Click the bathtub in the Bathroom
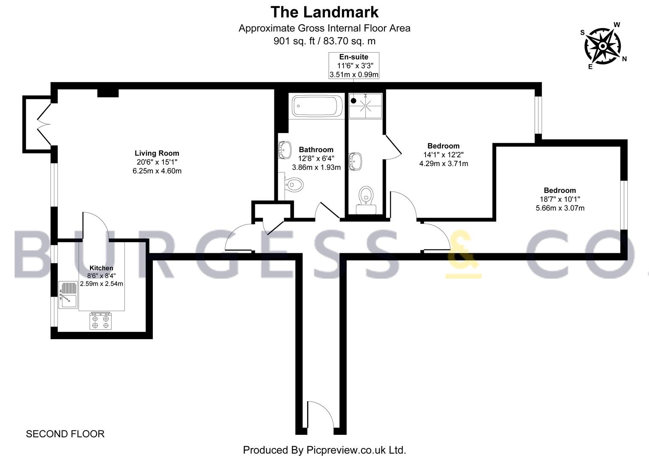pos(317,106)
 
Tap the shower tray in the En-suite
pos(365,106)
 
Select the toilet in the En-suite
pos(366,200)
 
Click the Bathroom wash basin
pos(285,150)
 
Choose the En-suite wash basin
pos(355,161)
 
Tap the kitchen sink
pos(68,295)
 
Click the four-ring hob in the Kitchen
pos(100,321)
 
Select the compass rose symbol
pos(603,46)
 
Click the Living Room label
pos(157,153)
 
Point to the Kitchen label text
pos(101,268)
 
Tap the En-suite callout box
pos(354,65)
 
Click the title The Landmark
pos(324,12)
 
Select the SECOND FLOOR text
pos(65,434)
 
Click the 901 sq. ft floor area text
pos(294,41)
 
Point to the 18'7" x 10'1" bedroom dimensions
pos(560,199)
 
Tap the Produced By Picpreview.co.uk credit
pos(324,450)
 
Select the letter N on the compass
pos(624,59)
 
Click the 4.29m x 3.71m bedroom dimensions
pos(443,164)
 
